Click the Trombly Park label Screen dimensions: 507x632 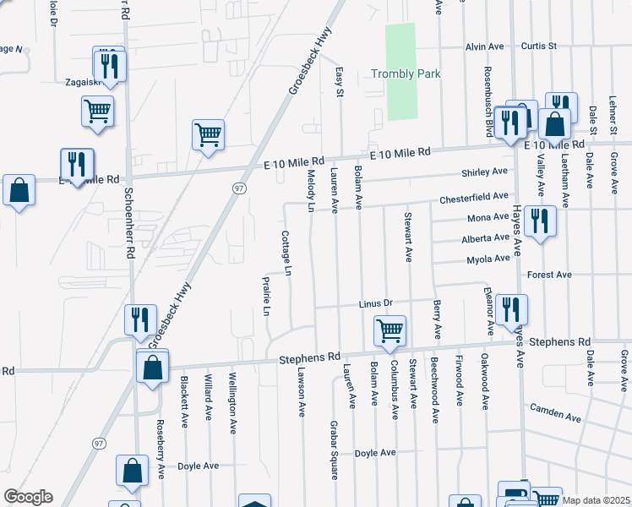(406, 74)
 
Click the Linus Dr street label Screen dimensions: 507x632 (376, 303)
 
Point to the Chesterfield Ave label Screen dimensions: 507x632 (473, 198)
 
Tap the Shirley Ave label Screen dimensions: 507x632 (484, 172)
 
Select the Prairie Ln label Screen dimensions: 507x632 (266, 296)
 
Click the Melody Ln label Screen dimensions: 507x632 (311, 190)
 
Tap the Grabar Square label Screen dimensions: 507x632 (334, 461)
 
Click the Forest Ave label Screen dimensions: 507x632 (549, 275)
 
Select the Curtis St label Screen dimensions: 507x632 (539, 46)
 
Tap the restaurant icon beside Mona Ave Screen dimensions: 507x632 (539, 221)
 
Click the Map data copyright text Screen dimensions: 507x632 (594, 500)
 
